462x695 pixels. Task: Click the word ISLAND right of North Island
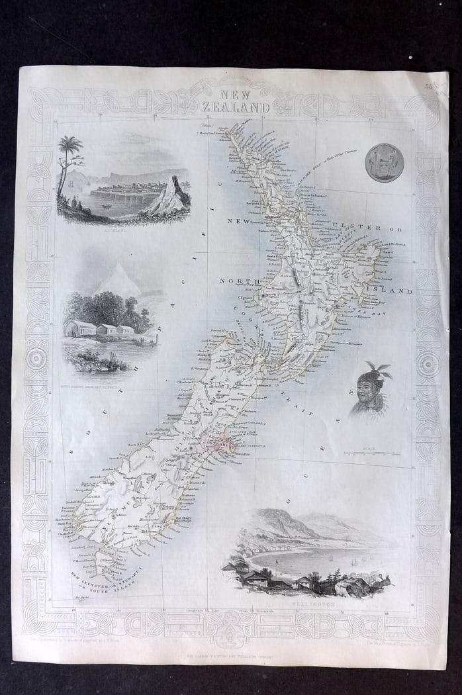pyautogui.click(x=396, y=291)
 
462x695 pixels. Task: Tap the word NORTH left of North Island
pyautogui.click(x=236, y=281)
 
